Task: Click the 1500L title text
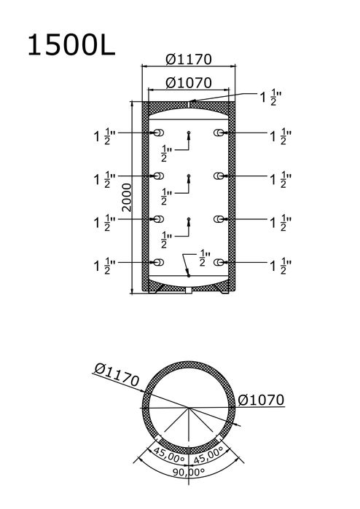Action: pyautogui.click(x=71, y=45)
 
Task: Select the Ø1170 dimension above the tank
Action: pyautogui.click(x=189, y=60)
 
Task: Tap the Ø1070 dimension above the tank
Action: pyautogui.click(x=189, y=83)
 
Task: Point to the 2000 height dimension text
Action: pyautogui.click(x=127, y=197)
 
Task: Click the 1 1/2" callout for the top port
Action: pyautogui.click(x=270, y=98)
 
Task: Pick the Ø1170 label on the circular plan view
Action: pyautogui.click(x=117, y=375)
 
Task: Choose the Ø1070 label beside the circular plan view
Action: pyautogui.click(x=261, y=400)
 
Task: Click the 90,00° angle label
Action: pyautogui.click(x=188, y=472)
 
